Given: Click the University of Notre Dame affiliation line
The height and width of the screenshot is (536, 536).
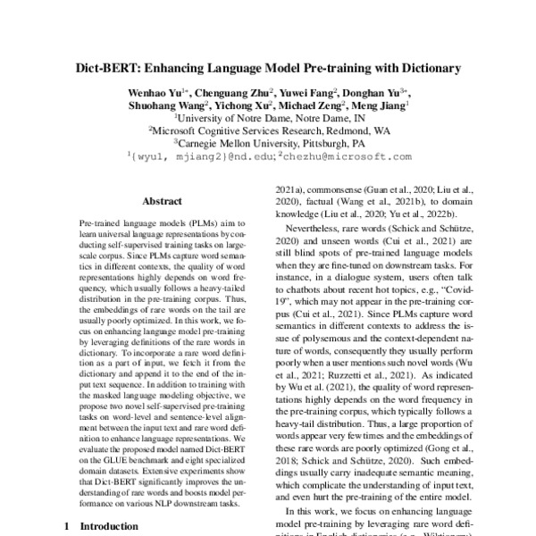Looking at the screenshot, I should (268, 117).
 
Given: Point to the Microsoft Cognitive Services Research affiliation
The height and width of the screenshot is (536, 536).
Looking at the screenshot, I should (268, 130).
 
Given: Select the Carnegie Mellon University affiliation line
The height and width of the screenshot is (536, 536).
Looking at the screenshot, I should (268, 142).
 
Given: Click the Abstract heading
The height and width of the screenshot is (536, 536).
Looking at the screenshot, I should (163, 203).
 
